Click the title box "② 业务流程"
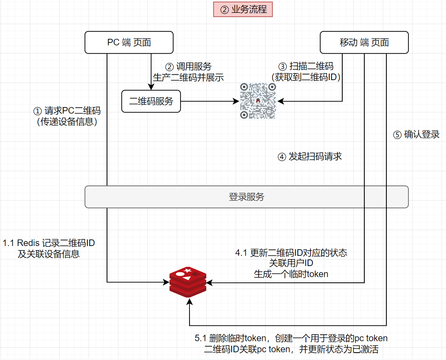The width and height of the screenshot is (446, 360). (243, 10)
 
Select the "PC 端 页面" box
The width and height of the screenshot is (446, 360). (129, 42)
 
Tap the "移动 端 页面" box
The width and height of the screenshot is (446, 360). (364, 42)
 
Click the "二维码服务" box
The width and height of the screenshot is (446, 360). (151, 101)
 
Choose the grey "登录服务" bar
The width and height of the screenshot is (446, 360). (246, 197)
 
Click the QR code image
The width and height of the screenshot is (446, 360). (258, 101)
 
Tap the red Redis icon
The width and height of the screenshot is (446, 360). (188, 282)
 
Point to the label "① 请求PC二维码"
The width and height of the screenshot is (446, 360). (67, 111)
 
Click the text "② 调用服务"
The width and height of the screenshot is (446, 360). (188, 67)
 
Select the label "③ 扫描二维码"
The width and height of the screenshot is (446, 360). (306, 67)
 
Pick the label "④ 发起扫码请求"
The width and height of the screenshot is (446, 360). (309, 157)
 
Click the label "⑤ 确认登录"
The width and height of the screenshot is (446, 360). (416, 134)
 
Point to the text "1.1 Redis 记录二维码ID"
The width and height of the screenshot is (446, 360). (49, 243)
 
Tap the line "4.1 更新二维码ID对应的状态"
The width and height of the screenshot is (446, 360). (291, 253)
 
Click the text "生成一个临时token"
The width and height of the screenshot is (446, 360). (291, 274)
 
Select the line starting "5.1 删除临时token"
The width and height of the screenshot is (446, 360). (291, 338)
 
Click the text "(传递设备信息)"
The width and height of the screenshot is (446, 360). (67, 121)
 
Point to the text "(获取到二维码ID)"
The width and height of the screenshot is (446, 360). (306, 77)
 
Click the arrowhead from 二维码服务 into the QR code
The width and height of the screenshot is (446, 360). (236, 101)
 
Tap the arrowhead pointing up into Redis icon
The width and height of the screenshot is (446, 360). (189, 302)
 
